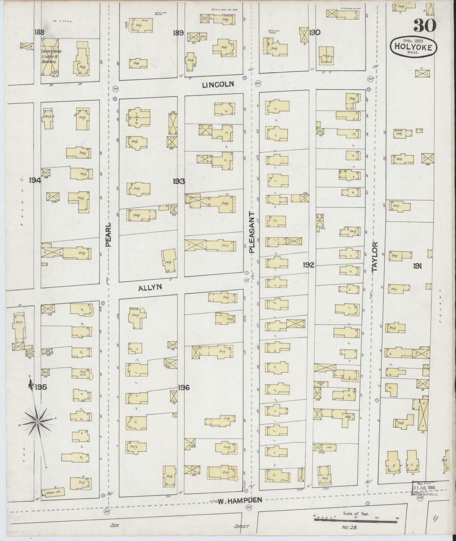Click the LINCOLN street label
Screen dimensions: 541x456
pyautogui.click(x=218, y=84)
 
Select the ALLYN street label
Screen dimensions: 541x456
pyautogui.click(x=150, y=287)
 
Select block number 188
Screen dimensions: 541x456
pyautogui.click(x=40, y=32)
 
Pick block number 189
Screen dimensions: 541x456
pyautogui.click(x=178, y=33)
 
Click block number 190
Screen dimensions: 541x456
pyautogui.click(x=315, y=32)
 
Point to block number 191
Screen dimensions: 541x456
pyautogui.click(x=418, y=266)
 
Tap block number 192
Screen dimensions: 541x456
pyautogui.click(x=308, y=265)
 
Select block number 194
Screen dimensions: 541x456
pyautogui.click(x=35, y=180)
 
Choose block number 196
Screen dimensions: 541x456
pyautogui.click(x=183, y=387)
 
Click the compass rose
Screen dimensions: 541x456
pyautogui.click(x=37, y=421)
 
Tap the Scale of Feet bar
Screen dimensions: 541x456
pyautogui.click(x=355, y=520)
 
